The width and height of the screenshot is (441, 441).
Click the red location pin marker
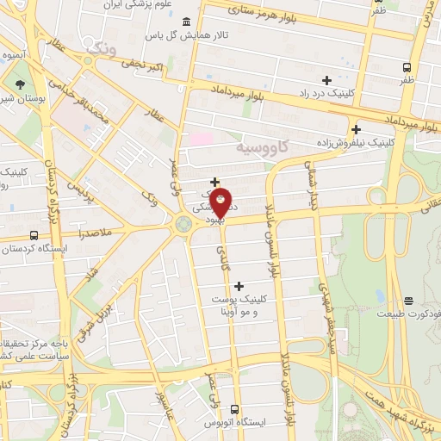(x=221, y=203)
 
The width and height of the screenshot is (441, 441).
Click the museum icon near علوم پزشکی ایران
(x=187, y=19)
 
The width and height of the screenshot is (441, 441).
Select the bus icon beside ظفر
(x=407, y=66)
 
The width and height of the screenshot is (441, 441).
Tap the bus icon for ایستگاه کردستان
(x=34, y=234)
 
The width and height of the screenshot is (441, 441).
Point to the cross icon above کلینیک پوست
(x=239, y=285)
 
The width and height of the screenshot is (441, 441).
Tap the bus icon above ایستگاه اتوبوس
(x=234, y=411)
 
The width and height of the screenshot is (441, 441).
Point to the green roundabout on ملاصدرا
(x=183, y=226)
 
